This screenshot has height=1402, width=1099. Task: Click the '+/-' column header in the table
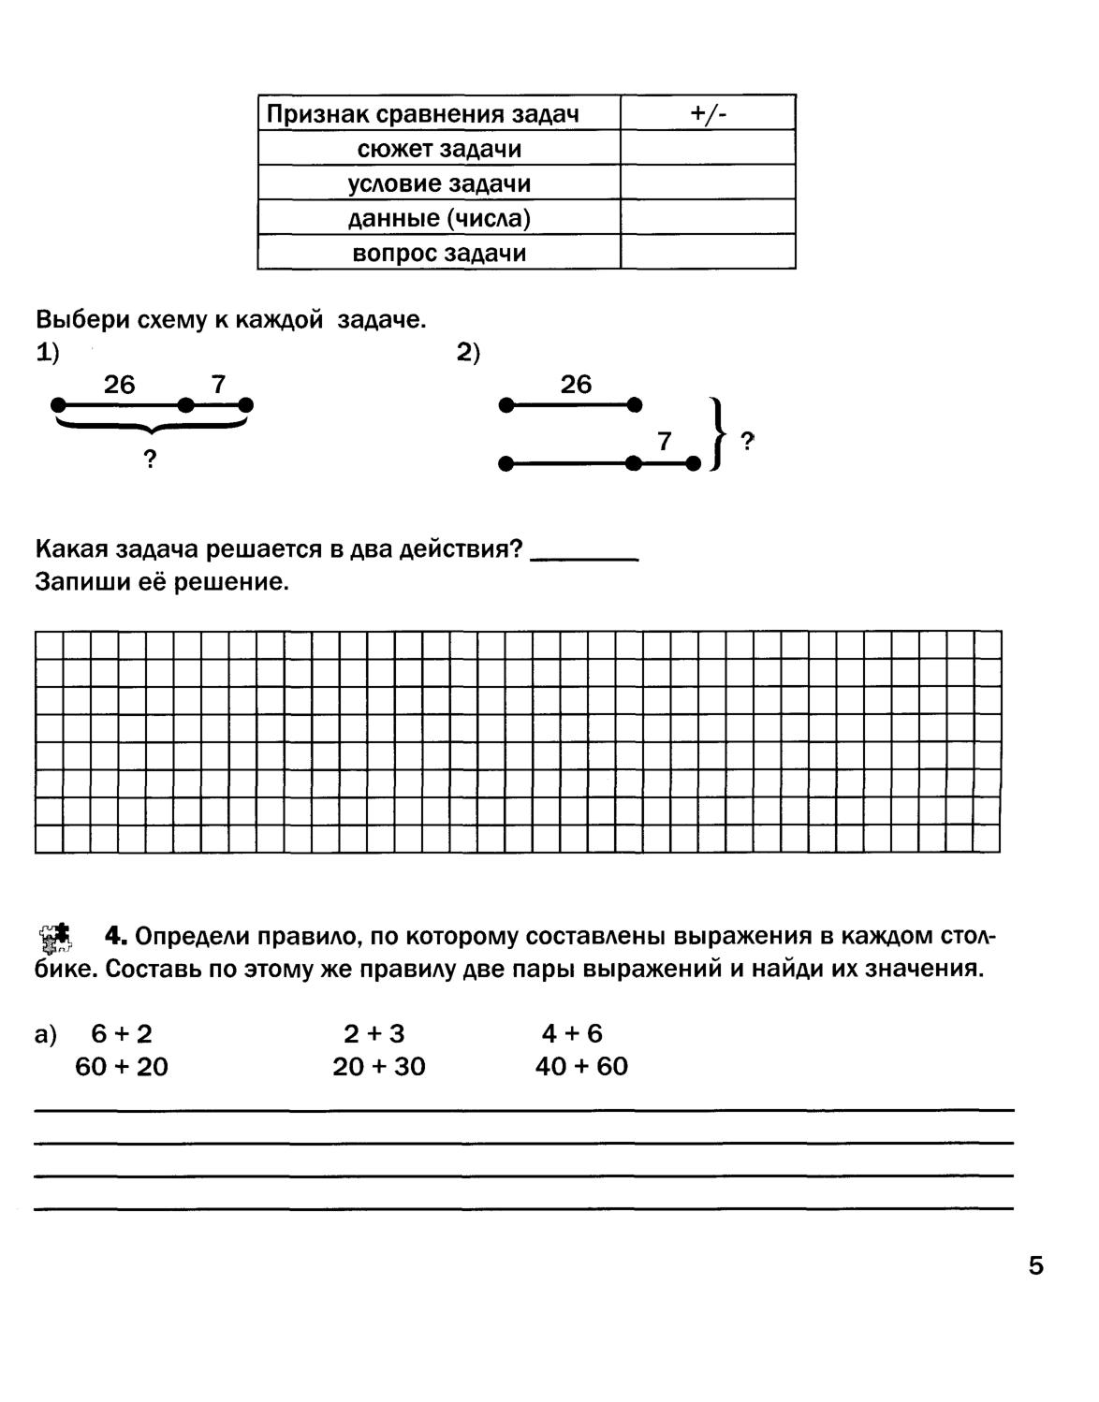pos(708,113)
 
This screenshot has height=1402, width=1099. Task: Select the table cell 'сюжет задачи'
pos(439,149)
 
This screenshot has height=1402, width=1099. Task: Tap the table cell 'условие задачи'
pos(439,183)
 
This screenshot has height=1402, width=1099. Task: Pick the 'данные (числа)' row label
pos(439,218)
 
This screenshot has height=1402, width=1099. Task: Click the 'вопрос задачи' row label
pos(439,253)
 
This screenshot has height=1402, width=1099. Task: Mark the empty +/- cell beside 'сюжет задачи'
pos(708,149)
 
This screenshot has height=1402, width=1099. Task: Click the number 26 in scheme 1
pos(120,385)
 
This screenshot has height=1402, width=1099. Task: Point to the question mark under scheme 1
pos(149,460)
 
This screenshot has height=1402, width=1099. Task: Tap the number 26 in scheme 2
pos(576,385)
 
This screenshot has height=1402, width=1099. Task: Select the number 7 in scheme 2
pos(665,441)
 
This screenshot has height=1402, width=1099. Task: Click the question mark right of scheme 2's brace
pos(747,441)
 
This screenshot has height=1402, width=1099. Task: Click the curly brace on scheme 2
pos(718,434)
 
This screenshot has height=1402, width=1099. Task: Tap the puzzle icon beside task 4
pos(56,937)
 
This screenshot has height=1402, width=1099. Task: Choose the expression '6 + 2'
pos(122,1034)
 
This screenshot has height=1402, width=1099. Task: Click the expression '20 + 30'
pos(379,1067)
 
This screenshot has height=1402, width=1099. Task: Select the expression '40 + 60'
pos(581,1067)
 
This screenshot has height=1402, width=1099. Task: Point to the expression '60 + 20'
pos(122,1067)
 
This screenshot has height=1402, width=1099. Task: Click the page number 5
pos(1035,1266)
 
